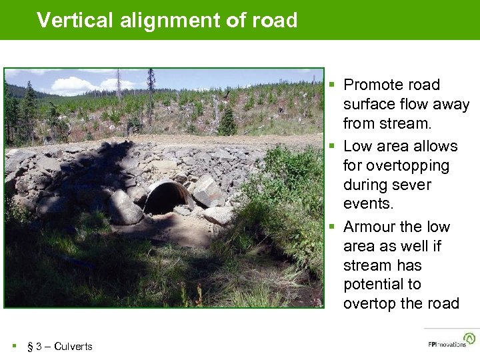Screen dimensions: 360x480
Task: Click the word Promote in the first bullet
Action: click(374, 85)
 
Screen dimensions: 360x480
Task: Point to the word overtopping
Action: click(397, 165)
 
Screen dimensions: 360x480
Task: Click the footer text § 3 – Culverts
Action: click(59, 346)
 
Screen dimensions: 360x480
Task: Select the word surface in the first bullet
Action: click(369, 105)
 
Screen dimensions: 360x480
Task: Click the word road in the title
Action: click(275, 20)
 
